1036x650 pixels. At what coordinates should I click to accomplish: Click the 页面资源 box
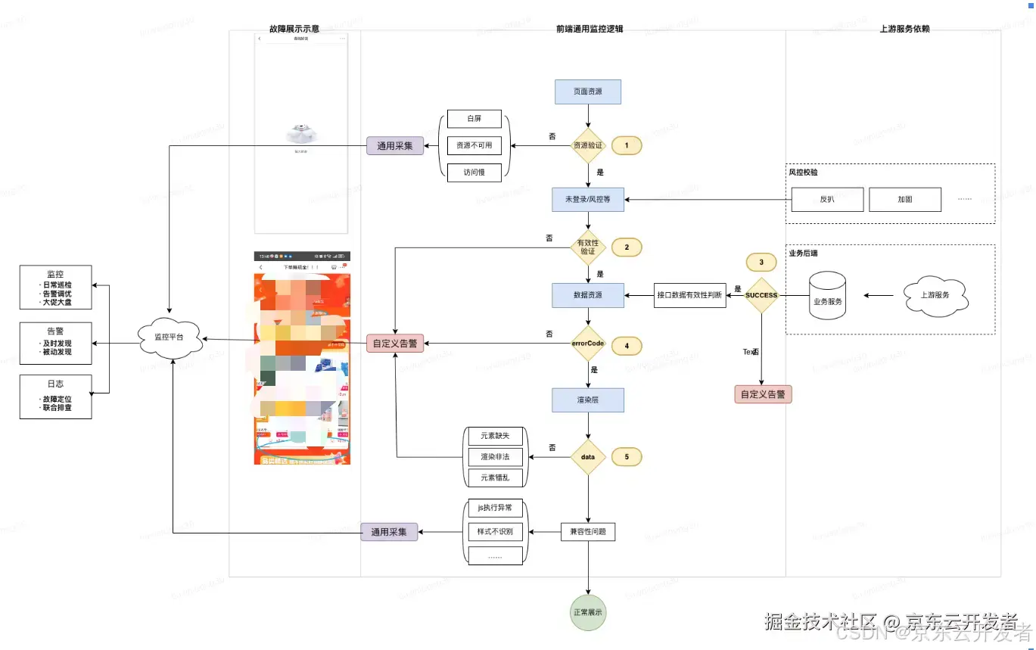pyautogui.click(x=588, y=92)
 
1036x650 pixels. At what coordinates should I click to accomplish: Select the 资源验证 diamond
pyautogui.click(x=588, y=145)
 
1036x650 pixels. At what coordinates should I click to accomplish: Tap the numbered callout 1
pyautogui.click(x=627, y=145)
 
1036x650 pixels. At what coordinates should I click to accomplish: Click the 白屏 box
pyautogui.click(x=474, y=119)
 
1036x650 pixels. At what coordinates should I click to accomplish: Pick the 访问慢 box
pyautogui.click(x=474, y=173)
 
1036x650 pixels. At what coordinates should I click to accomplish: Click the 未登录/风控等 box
pyautogui.click(x=588, y=200)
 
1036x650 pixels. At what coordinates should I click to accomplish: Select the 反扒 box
pyautogui.click(x=827, y=200)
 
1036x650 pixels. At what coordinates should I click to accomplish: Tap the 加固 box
pyautogui.click(x=905, y=200)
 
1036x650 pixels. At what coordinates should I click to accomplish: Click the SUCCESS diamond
pyautogui.click(x=761, y=295)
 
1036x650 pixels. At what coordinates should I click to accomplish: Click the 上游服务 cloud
pyautogui.click(x=936, y=295)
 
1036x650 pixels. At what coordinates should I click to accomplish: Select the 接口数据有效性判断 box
pyautogui.click(x=689, y=295)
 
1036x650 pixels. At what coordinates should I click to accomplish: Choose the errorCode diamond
pyautogui.click(x=588, y=344)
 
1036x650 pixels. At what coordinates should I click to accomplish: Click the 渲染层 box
pyautogui.click(x=588, y=400)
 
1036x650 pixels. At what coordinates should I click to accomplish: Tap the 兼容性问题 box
pyautogui.click(x=588, y=532)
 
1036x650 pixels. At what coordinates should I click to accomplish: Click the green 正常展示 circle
pyautogui.click(x=588, y=612)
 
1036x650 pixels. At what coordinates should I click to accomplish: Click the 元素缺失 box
pyautogui.click(x=495, y=437)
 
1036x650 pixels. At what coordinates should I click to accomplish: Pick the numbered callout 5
pyautogui.click(x=627, y=457)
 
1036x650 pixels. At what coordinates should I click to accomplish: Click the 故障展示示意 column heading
pyautogui.click(x=294, y=29)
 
